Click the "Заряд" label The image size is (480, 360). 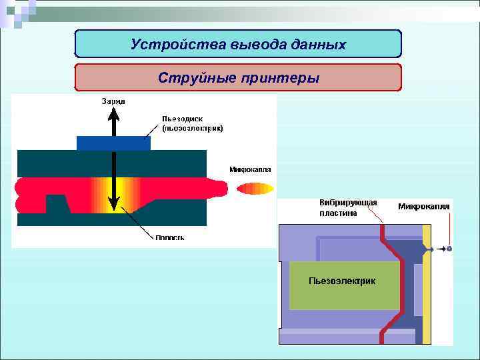pos(113,102)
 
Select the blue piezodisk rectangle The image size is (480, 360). pos(113,143)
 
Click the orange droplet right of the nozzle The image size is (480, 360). pos(255,189)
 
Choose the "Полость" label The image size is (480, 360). pos(170,237)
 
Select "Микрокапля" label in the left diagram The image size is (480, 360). pos(250,169)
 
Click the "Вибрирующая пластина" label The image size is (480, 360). pos(348,208)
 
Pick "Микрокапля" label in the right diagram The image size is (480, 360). pos(424,207)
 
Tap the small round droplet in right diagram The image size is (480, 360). pos(449,249)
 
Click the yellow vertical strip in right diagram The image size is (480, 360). pos(427,280)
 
